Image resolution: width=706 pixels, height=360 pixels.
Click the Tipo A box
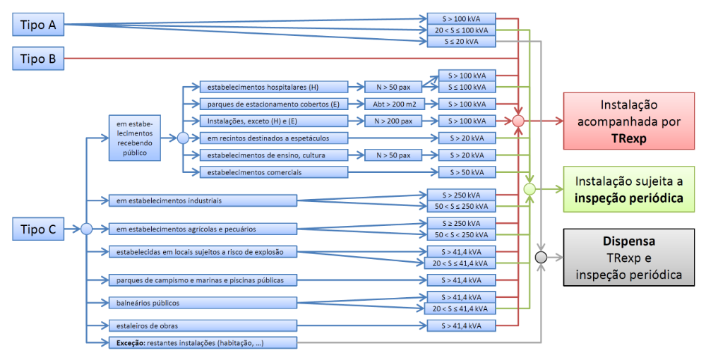pyautogui.click(x=38, y=25)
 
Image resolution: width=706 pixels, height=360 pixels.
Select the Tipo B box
pyautogui.click(x=38, y=59)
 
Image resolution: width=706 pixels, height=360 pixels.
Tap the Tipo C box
pyautogui.click(x=38, y=229)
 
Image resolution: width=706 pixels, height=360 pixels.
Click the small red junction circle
pyautogui.click(x=519, y=121)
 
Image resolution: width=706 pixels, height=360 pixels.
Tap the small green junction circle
pyautogui.click(x=530, y=189)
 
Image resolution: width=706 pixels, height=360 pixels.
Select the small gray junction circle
pyautogui.click(x=542, y=257)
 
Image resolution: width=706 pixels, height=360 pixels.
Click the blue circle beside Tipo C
pyautogui.click(x=86, y=229)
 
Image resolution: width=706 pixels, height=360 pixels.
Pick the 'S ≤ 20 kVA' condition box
pyautogui.click(x=462, y=42)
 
